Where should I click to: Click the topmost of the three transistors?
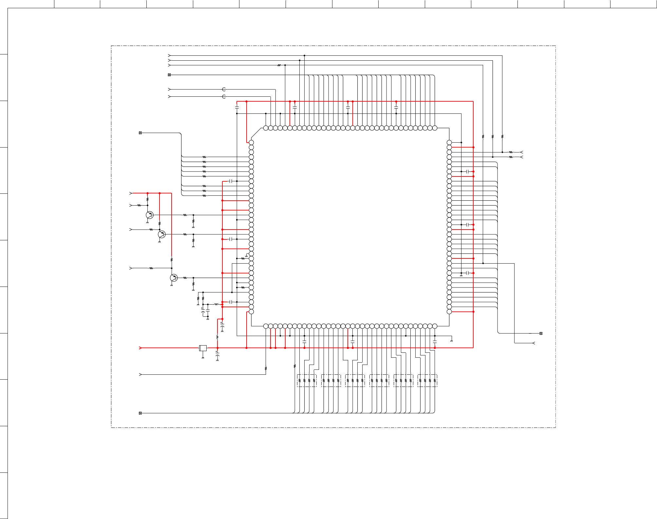tap(149, 215)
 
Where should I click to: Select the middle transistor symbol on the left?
tap(161, 234)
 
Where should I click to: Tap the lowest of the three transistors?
tap(174, 278)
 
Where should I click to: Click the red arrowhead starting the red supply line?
tap(141, 348)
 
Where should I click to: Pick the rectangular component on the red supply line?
tap(203, 348)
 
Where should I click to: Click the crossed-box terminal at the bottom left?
tap(140, 413)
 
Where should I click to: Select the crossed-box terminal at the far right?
tap(541, 333)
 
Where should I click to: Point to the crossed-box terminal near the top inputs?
tap(169, 75)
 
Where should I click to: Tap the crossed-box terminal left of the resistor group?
tap(140, 133)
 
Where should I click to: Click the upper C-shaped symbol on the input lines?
tap(224, 89)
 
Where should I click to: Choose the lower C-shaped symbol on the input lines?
tap(224, 97)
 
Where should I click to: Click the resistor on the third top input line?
tap(279, 65)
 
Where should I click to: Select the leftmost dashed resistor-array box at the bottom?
tap(307, 381)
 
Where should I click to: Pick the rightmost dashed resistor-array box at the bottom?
tap(427, 381)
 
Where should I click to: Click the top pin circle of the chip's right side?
tap(449, 142)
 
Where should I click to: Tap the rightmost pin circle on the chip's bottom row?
tap(435, 326)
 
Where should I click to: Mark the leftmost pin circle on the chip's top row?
tap(266, 128)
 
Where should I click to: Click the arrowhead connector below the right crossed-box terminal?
tap(534, 343)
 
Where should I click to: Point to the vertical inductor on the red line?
tap(217, 337)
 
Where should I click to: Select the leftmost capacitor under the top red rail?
tap(237, 107)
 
